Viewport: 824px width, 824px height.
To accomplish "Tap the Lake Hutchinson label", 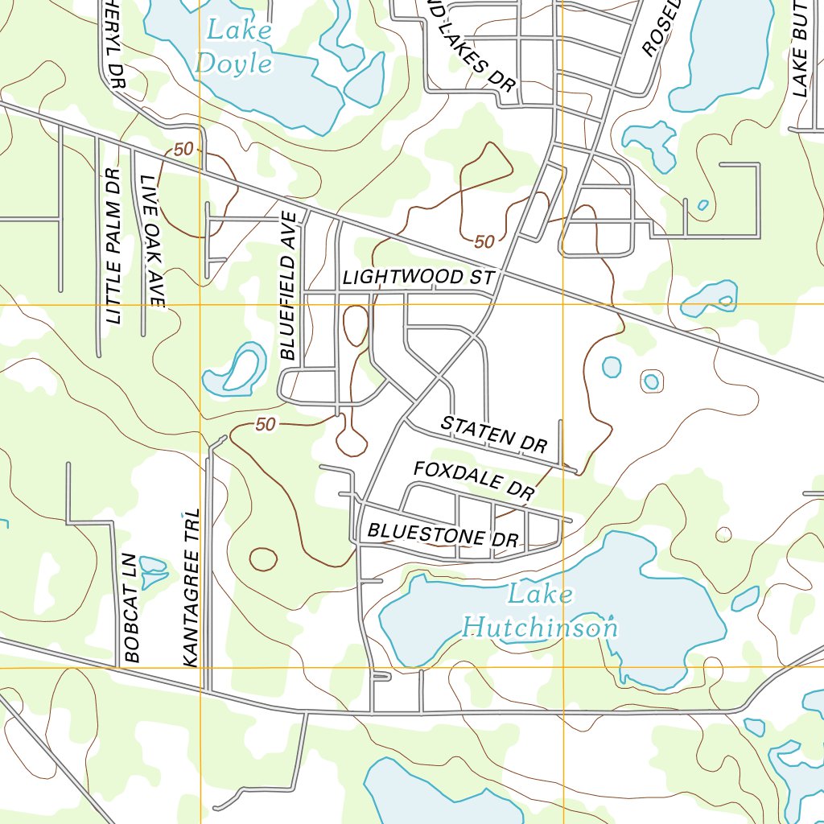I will click(x=540, y=612).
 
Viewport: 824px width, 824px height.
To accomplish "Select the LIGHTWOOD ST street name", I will click(x=417, y=278).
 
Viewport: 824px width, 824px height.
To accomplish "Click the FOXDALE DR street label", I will click(x=474, y=480).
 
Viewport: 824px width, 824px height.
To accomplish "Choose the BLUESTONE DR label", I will click(x=443, y=534).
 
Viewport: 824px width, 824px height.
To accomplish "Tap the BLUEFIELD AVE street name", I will click(x=290, y=285).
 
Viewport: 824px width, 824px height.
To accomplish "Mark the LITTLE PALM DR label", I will click(x=113, y=246).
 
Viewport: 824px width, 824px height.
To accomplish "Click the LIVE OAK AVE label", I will click(x=150, y=241).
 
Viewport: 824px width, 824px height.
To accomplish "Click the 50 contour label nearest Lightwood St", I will click(x=484, y=241).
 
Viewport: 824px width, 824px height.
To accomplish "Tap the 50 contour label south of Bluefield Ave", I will click(x=265, y=425).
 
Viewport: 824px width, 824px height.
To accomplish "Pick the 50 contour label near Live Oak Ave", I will click(x=183, y=150).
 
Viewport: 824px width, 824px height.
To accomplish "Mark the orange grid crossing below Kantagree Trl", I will click(x=200, y=668).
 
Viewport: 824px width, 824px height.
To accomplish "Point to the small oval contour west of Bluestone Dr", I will click(x=263, y=558).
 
